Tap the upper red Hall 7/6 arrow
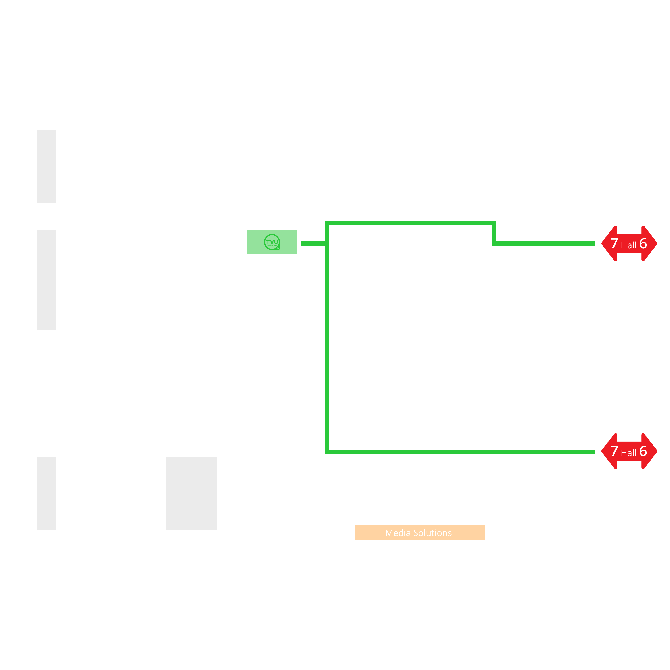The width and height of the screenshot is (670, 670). click(x=629, y=243)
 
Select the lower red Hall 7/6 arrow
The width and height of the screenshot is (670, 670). click(x=629, y=451)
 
